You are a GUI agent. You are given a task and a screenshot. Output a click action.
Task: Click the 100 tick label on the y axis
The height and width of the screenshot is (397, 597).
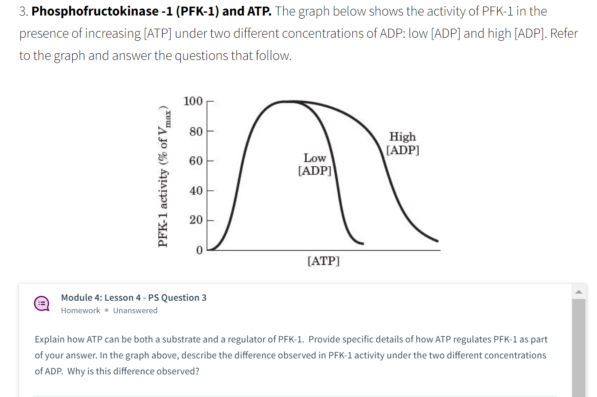[x=193, y=102]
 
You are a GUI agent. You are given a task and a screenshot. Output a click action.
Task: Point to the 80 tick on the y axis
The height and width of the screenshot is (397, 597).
[x=195, y=131]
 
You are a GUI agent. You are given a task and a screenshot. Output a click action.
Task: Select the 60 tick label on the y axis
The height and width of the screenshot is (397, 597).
[x=195, y=161]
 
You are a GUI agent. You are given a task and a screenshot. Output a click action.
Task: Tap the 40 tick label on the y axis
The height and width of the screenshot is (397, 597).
[x=195, y=191]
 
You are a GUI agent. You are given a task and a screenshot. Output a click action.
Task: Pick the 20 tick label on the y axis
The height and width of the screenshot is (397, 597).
[x=195, y=220]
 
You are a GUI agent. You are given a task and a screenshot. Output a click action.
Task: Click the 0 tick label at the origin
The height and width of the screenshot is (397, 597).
[x=199, y=250]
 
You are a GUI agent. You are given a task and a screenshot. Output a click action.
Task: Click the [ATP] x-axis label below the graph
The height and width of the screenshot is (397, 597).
[x=323, y=260]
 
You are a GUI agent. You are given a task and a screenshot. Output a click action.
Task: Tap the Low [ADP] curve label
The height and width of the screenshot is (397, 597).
[x=315, y=164]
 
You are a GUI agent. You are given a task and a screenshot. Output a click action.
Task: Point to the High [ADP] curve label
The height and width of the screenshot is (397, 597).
[x=402, y=143]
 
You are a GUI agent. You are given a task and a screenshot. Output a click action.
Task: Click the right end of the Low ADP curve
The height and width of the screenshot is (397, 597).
[x=363, y=244]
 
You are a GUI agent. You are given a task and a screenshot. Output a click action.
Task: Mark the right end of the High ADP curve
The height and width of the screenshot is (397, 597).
[x=437, y=241]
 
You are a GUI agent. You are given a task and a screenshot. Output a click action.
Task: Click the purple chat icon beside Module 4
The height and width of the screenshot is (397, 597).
[x=42, y=303]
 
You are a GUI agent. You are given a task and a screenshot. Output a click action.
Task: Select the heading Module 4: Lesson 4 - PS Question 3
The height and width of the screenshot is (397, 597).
[x=133, y=298]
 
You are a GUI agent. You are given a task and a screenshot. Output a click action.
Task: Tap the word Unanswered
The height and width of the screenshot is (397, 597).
[x=135, y=311]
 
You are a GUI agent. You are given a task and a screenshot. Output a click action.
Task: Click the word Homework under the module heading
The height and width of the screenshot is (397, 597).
[x=81, y=311]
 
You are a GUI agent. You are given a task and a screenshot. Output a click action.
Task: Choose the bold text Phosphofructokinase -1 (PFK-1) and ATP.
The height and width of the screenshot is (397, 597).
[x=151, y=12]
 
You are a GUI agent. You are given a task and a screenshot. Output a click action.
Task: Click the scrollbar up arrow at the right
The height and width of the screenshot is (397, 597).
[x=579, y=291]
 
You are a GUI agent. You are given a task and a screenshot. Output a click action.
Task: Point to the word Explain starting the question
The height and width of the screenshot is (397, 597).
[x=50, y=339]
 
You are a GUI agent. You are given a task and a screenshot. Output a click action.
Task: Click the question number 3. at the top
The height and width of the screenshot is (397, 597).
[x=23, y=12]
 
